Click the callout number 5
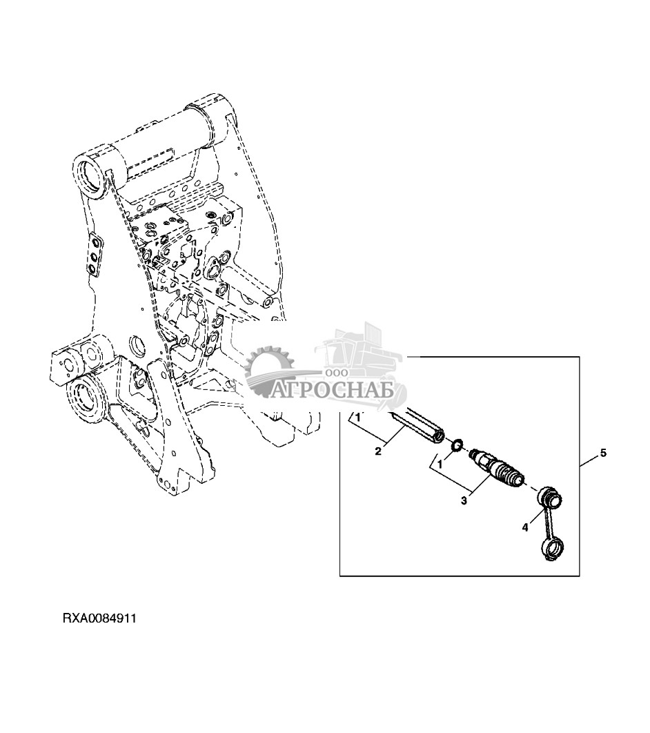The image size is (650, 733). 602,453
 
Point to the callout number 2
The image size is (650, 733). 377,451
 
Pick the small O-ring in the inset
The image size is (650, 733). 456,448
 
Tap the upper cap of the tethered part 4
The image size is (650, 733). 550,496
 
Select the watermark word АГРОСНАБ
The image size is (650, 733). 333,391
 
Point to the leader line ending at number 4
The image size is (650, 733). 535,515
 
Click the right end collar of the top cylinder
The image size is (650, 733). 213,113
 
